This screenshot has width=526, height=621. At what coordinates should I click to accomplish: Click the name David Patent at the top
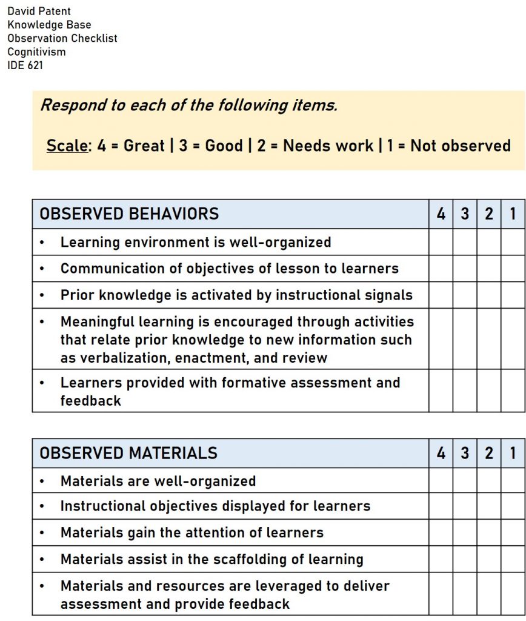click(39, 11)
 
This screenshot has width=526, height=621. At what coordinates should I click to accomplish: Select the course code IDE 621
click(25, 65)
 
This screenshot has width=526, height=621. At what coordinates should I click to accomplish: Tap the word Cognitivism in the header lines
click(36, 52)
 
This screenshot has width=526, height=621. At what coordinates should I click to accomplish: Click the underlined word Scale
click(67, 146)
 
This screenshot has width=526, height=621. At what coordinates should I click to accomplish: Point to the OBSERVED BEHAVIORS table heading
click(129, 214)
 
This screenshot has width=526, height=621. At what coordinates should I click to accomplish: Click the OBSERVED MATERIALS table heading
click(128, 453)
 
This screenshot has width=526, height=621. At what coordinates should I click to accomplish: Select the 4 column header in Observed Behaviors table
click(441, 214)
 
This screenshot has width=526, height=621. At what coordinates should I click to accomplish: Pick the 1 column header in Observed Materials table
click(513, 453)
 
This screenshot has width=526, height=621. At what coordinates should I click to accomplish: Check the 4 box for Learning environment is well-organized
click(441, 242)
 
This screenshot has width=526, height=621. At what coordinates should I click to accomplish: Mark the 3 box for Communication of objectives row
click(465, 268)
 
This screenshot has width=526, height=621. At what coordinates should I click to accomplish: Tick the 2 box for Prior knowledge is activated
click(489, 295)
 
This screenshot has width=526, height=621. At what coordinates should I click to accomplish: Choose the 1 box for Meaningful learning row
click(513, 339)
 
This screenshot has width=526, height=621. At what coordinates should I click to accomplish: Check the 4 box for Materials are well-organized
click(441, 481)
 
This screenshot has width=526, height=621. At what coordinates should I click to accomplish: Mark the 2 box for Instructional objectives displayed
click(489, 506)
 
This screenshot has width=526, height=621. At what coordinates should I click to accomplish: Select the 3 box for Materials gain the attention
click(465, 532)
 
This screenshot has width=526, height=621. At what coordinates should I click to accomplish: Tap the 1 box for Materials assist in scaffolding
click(513, 559)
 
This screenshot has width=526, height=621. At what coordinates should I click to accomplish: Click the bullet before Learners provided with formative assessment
click(41, 383)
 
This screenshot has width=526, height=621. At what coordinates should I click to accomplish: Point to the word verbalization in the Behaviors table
click(121, 357)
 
